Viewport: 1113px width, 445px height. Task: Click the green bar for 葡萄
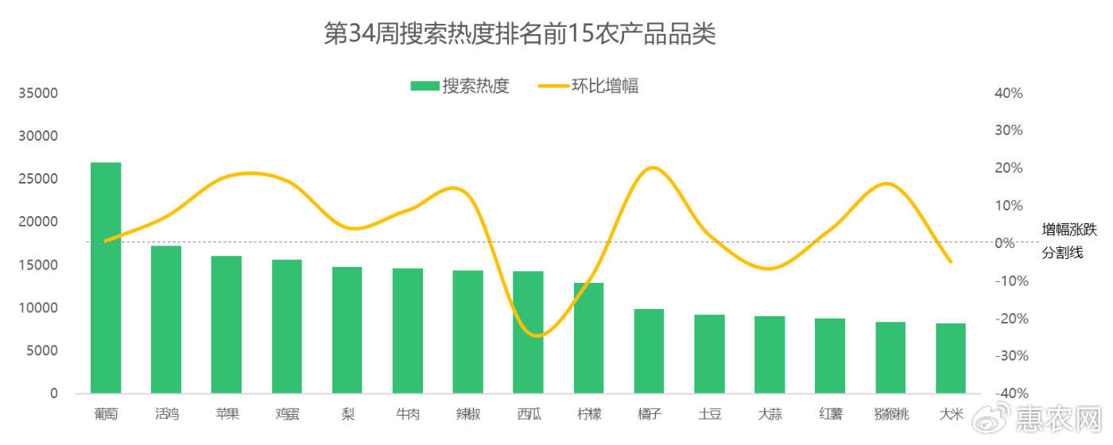[106, 277]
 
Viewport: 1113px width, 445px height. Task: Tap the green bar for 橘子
[649, 350]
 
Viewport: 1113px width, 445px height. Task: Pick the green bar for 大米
[951, 358]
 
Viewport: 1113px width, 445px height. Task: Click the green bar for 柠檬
[588, 338]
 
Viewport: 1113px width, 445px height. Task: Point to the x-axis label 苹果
[227, 414]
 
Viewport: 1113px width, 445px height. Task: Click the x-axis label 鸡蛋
[287, 414]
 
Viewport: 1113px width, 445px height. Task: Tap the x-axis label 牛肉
[408, 414]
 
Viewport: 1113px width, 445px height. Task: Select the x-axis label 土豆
[709, 414]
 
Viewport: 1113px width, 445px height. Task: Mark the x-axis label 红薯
[830, 414]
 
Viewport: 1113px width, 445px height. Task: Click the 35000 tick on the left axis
[38, 93]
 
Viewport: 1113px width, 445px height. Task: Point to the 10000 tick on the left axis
[38, 308]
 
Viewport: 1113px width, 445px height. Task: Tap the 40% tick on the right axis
[1008, 93]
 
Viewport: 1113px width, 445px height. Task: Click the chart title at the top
[520, 34]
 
